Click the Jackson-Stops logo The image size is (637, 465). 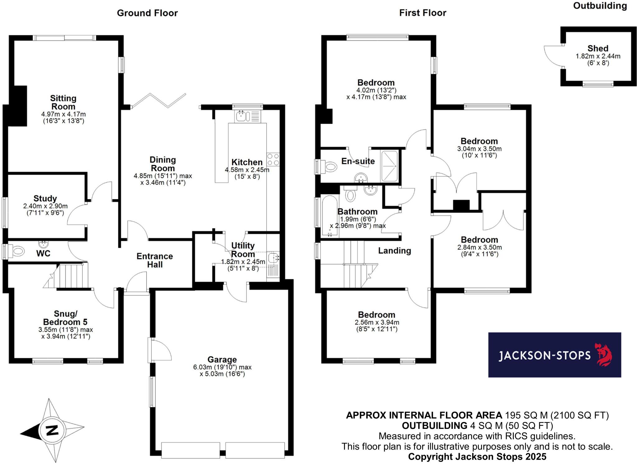(x=554, y=355)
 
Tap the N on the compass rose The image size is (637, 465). (x=52, y=430)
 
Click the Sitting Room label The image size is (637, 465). (x=63, y=102)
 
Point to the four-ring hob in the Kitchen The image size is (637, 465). (x=273, y=159)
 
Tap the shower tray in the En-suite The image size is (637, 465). (x=389, y=166)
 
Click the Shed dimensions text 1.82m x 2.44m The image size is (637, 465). (x=598, y=56)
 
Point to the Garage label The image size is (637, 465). (x=222, y=360)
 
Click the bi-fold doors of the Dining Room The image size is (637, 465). (x=159, y=101)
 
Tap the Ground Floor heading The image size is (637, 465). (x=147, y=13)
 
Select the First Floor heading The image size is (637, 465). (x=422, y=13)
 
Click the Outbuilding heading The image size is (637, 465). (x=600, y=6)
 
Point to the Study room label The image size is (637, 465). (x=45, y=199)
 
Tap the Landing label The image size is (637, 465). (x=394, y=251)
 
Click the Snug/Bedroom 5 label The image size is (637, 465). (x=65, y=318)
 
